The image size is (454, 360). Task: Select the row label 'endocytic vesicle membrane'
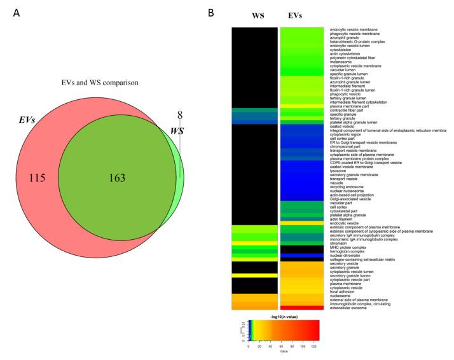(x=358, y=30)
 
